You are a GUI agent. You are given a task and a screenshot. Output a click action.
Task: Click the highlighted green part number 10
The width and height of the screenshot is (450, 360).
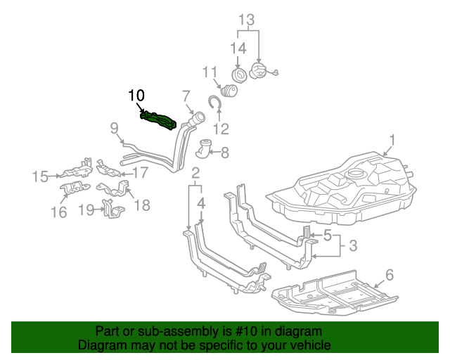160,120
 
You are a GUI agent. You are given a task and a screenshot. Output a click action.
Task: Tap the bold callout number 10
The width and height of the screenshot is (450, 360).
136,95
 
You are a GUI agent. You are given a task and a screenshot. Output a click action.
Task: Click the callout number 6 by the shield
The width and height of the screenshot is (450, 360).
389,274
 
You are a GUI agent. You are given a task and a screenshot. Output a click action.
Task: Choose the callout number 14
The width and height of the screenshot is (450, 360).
239,48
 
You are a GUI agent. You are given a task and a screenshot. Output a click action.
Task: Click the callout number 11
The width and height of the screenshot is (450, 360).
210,72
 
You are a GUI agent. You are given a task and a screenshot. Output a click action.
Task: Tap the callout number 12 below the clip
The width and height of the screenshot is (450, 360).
221,129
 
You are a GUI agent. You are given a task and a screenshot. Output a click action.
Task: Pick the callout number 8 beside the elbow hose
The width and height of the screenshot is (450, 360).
224,151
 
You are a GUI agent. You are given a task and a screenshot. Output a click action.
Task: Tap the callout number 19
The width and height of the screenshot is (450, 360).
86,209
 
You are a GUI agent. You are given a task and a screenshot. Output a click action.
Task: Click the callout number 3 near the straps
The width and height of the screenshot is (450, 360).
354,245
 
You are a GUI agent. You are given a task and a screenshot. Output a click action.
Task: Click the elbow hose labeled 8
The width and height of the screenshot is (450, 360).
205,149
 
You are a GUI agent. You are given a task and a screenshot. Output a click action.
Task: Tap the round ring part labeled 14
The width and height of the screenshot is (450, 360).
238,75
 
